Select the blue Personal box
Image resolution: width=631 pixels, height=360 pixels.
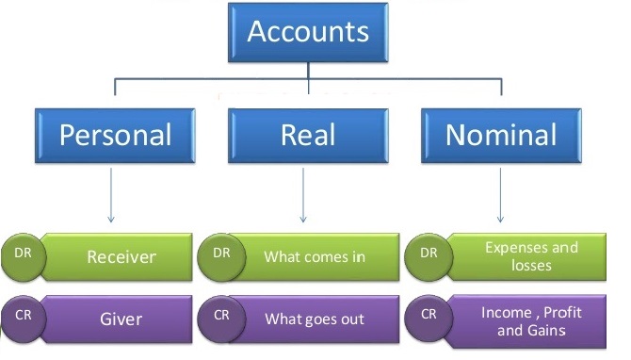click(x=115, y=135)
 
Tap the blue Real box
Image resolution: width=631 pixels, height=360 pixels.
click(x=308, y=135)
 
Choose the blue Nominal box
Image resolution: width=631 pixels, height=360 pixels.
click(x=500, y=135)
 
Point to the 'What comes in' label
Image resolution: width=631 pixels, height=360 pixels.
click(x=314, y=256)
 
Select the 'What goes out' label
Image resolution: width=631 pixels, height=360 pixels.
click(x=314, y=319)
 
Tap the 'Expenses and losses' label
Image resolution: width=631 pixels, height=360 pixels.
click(x=530, y=256)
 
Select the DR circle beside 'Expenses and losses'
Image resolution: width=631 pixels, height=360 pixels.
click(x=428, y=254)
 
